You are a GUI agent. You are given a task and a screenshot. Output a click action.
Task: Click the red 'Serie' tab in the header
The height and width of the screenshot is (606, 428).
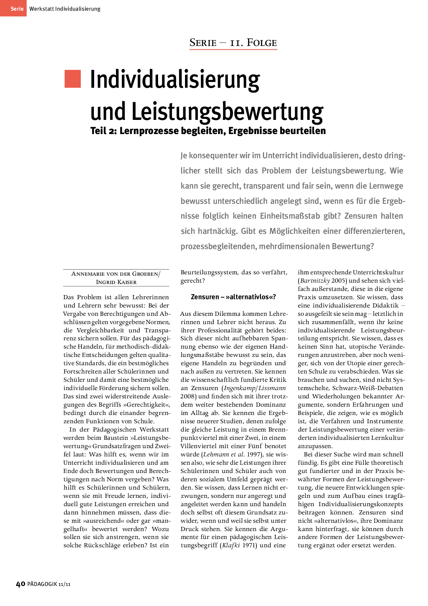13,8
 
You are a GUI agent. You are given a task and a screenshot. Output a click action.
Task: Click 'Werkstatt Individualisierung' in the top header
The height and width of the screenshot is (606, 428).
65,9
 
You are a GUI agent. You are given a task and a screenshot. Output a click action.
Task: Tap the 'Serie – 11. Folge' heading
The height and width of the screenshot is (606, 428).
233,43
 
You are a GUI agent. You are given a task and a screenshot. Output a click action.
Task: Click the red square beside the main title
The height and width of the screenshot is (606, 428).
72,79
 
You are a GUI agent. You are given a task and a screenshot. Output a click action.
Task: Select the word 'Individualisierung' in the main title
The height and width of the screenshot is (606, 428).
175,80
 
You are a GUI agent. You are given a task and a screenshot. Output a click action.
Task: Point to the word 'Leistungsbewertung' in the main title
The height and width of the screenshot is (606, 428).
227,111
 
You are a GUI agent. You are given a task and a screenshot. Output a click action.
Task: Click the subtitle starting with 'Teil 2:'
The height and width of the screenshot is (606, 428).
208,131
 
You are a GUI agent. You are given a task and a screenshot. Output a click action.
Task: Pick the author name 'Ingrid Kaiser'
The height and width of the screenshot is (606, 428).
116,282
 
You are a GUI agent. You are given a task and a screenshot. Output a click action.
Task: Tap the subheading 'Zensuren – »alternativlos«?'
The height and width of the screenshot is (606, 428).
233,297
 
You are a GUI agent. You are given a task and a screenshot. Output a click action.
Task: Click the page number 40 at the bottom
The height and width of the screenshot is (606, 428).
21,584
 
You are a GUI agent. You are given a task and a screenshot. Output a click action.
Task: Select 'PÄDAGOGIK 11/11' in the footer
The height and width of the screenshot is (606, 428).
49,584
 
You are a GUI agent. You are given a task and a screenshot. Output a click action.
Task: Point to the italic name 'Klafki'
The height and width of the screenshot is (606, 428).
231,545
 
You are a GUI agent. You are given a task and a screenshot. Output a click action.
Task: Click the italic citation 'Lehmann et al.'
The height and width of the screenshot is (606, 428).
224,454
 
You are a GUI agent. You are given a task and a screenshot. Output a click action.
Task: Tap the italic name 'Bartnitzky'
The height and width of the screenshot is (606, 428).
315,281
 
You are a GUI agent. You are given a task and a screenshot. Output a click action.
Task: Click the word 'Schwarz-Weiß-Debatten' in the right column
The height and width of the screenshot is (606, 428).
368,388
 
